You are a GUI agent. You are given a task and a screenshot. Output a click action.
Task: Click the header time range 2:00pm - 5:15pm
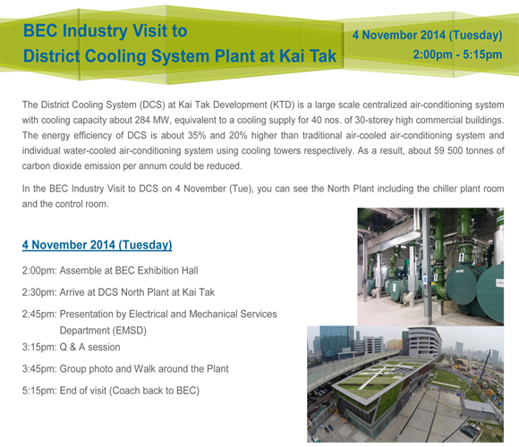[457, 55]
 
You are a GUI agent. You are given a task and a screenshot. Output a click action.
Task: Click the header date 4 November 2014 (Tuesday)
[428, 35]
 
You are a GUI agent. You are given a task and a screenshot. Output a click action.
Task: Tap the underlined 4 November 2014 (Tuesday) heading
[97, 245]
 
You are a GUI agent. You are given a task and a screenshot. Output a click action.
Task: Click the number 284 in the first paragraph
[142, 120]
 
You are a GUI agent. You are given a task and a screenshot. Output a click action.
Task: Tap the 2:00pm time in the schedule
[39, 271]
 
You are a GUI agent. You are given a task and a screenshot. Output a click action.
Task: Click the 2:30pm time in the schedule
[39, 292]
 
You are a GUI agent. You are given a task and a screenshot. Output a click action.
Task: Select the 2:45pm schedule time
[39, 314]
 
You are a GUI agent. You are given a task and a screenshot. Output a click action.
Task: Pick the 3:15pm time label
[39, 347]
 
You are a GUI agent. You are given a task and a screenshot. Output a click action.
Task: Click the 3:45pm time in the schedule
[39, 369]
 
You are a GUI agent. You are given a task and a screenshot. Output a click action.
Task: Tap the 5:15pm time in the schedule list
[39, 391]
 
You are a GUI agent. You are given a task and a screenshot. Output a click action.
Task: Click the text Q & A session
[89, 347]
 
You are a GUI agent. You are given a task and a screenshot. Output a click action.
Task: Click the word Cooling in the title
[115, 55]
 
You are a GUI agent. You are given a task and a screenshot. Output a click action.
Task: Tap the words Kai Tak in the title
[308, 55]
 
